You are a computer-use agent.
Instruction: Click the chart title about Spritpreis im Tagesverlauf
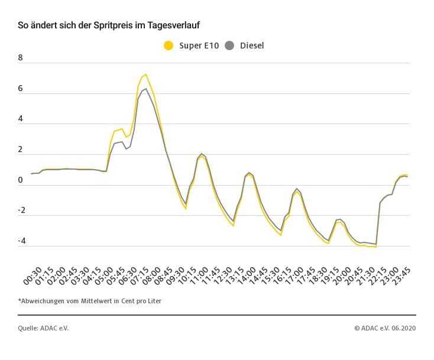(x=112, y=26)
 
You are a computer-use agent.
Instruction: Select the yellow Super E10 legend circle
(x=169, y=46)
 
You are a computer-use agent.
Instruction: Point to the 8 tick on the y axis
(x=21, y=58)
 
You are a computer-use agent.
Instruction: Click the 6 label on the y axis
(x=21, y=89)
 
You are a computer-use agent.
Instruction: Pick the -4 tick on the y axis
(x=21, y=241)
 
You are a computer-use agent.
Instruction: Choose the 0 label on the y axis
(x=21, y=180)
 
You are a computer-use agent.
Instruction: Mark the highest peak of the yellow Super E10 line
(x=145, y=74)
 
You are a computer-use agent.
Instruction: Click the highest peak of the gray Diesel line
(x=145, y=89)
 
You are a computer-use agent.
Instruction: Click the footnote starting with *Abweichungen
(x=89, y=301)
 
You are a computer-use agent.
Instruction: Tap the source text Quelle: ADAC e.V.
(x=43, y=328)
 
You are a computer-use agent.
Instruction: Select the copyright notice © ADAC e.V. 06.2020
(x=385, y=328)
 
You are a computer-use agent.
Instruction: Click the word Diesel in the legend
(x=252, y=46)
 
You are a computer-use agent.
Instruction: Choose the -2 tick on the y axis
(x=21, y=210)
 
